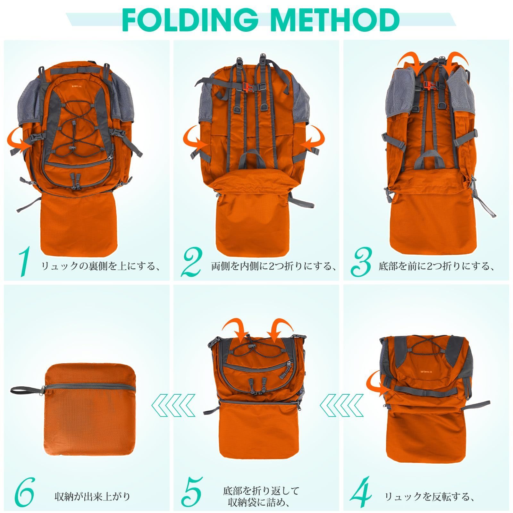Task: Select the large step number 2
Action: pyautogui.click(x=192, y=262)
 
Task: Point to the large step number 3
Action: pyautogui.click(x=361, y=262)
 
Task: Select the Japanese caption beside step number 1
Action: pyautogui.click(x=100, y=266)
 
